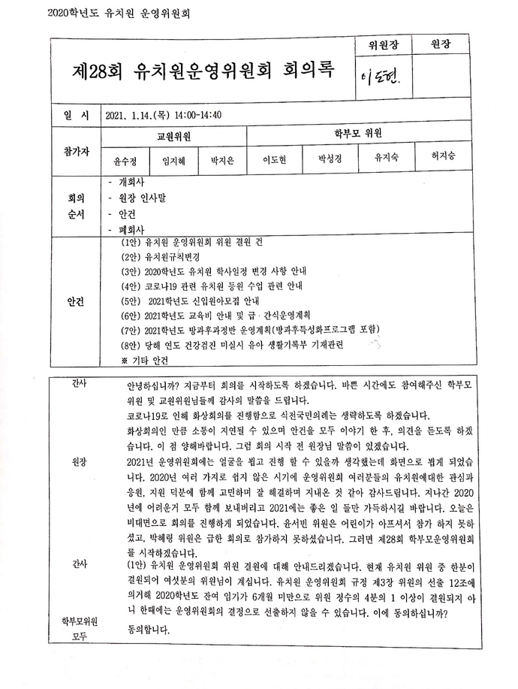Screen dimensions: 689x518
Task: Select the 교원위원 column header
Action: pyautogui.click(x=173, y=137)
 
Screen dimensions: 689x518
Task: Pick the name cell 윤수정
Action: pyautogui.click(x=125, y=160)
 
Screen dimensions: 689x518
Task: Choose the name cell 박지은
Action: pyautogui.click(x=223, y=160)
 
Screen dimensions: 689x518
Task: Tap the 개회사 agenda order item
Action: pyautogui.click(x=131, y=183)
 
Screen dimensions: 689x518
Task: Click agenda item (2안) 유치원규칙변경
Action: pyautogui.click(x=158, y=257)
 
